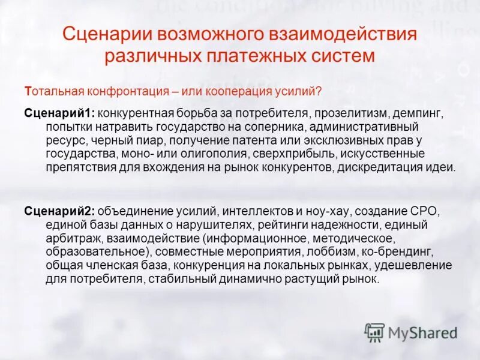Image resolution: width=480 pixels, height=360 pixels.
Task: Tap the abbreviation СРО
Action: pos(427,212)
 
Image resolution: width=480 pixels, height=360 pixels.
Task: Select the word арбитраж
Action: pos(70,239)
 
